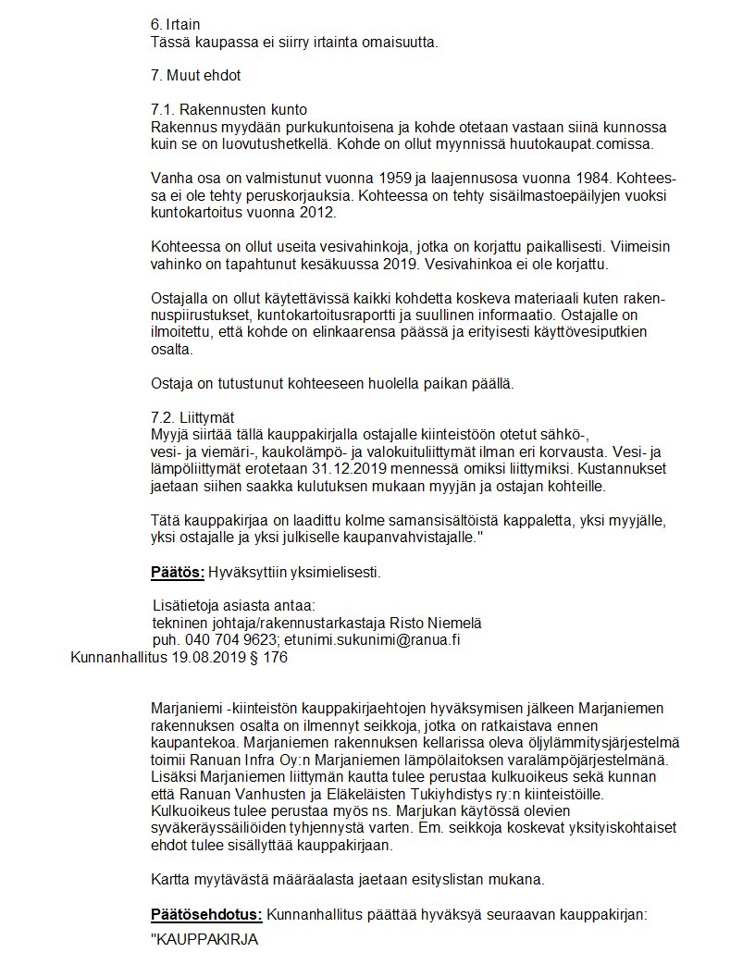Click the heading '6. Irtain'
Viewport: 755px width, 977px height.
pos(175,24)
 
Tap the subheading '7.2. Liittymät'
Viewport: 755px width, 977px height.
pos(198,417)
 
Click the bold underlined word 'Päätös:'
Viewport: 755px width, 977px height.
pos(178,572)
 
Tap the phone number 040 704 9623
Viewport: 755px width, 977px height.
pos(229,639)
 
